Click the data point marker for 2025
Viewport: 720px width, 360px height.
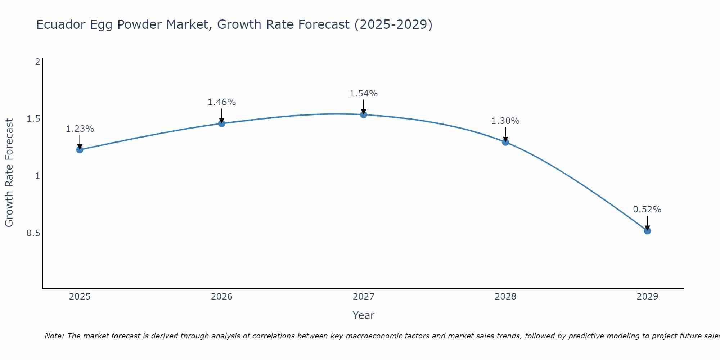[80, 150]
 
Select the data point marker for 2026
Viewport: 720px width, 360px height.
[222, 123]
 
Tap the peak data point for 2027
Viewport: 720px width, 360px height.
[364, 114]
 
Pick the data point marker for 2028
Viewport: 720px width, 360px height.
[505, 142]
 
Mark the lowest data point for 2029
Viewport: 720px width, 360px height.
[647, 231]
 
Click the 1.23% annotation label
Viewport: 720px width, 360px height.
[80, 129]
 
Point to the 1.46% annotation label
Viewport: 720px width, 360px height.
[222, 102]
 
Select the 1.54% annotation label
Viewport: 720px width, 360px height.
[364, 94]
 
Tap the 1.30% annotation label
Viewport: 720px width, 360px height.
[505, 121]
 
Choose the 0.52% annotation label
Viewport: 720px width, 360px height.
[647, 210]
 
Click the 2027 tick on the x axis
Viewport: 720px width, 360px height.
[364, 297]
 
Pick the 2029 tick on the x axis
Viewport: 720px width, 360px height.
[647, 297]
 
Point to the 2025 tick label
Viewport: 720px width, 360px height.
[80, 297]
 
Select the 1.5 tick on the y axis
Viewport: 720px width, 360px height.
[33, 119]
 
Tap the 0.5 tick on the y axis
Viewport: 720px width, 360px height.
[33, 233]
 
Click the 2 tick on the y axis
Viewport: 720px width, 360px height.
[37, 62]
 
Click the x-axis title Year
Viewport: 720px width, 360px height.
[364, 315]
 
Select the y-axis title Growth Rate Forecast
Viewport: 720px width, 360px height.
[9, 173]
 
